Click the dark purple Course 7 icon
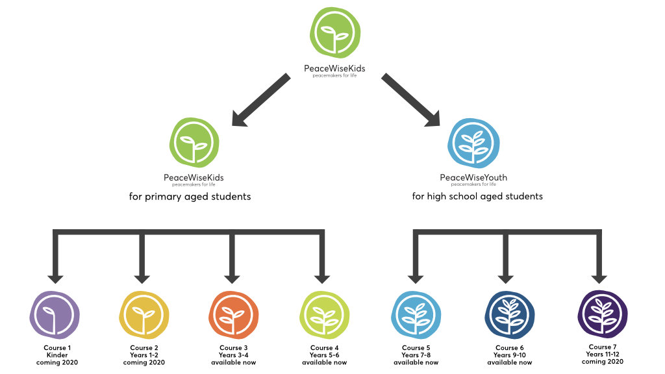603,314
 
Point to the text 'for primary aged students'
190,196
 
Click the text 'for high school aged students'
477,196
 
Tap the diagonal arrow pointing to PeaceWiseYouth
410,99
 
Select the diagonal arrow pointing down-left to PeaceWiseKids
260,99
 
